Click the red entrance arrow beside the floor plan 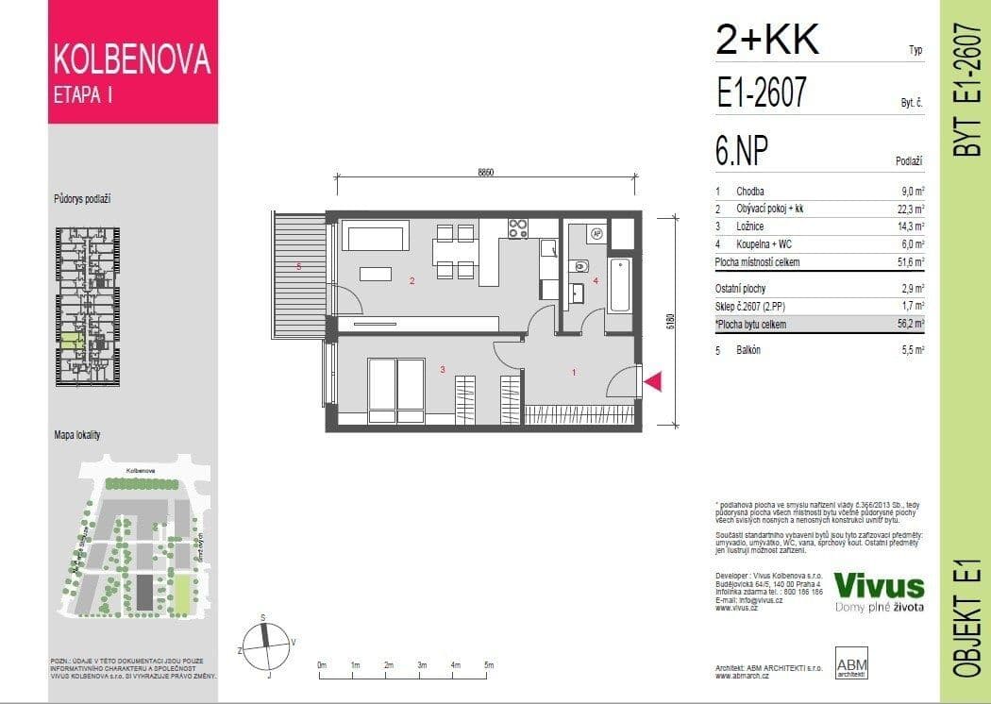click(x=653, y=381)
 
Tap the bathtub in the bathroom click(x=620, y=285)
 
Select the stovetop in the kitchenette click(x=518, y=227)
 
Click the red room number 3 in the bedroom click(x=443, y=370)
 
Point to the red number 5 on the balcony click(x=299, y=267)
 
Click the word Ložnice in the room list click(x=751, y=226)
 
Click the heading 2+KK click(x=769, y=41)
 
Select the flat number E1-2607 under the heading click(x=762, y=93)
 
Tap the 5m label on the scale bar click(x=488, y=665)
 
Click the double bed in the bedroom click(x=396, y=389)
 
